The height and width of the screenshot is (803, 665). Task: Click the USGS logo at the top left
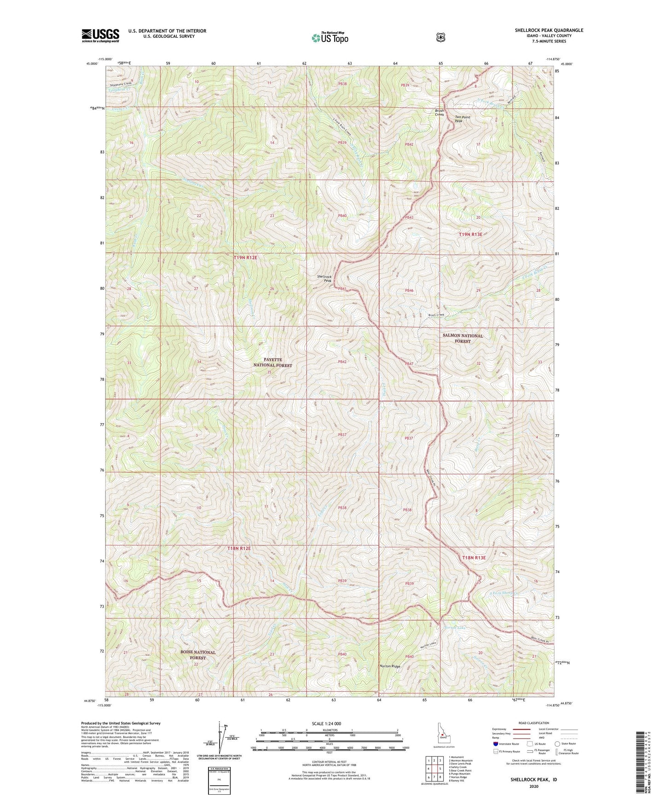pos(100,35)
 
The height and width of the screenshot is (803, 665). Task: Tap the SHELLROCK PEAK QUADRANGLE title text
pos(549,30)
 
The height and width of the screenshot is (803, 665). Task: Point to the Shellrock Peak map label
pos(324,278)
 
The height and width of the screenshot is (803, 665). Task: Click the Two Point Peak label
pos(463,119)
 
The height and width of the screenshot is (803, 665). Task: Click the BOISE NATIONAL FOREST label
pos(198,655)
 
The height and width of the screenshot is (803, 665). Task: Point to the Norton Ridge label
pos(390,666)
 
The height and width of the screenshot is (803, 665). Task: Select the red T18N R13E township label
pos(474,557)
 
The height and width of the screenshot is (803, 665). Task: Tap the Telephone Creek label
pos(121,84)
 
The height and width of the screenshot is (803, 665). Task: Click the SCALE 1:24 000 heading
pos(326,724)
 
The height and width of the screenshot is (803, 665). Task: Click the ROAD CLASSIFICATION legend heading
pos(533,723)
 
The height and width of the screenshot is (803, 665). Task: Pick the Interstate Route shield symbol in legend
pos(495,744)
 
